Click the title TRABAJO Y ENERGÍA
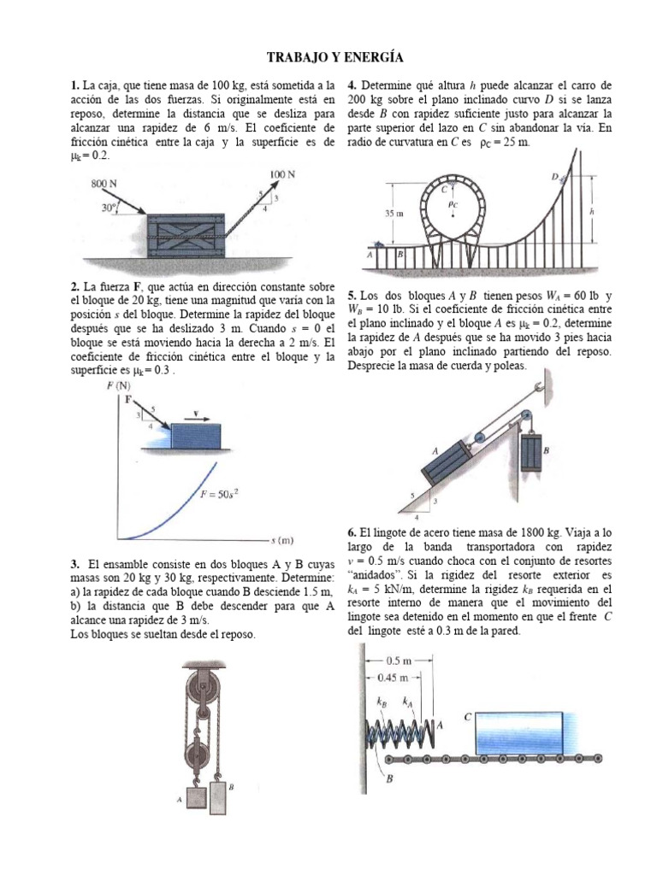328,57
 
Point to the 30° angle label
109,207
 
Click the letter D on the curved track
555,177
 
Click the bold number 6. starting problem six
352,531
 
